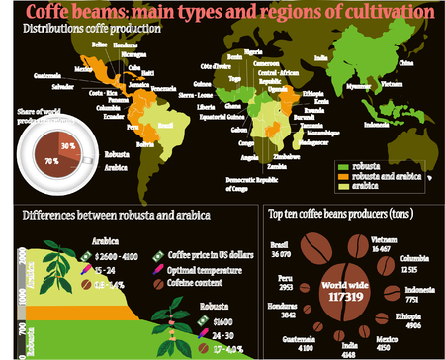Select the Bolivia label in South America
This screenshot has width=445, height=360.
coord(145,145)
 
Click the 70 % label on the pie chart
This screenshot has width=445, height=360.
coord(51,158)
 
